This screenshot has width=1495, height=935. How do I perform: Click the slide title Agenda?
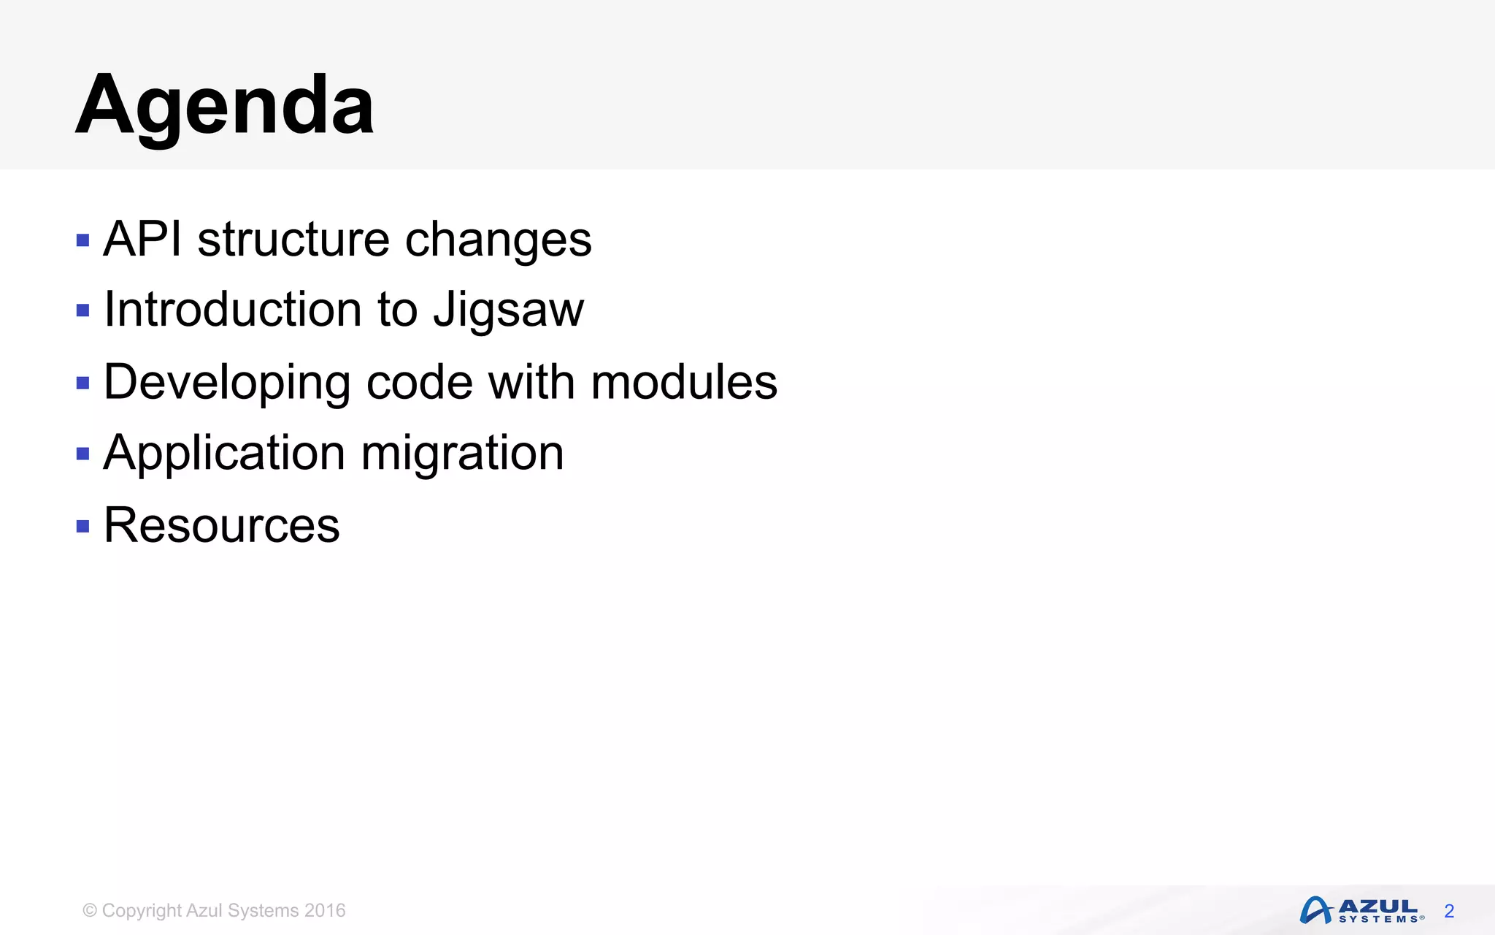[225, 106]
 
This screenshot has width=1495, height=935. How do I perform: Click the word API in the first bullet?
[142, 240]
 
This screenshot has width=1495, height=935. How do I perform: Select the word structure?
[293, 240]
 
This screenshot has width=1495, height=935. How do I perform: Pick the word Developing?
[227, 383]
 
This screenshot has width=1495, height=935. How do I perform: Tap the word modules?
[684, 382]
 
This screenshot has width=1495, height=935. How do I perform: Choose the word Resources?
[222, 525]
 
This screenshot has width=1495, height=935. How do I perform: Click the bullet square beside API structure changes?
[82, 240]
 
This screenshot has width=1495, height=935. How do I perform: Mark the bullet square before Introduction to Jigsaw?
[82, 311]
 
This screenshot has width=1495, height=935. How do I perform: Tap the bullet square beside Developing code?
[82, 383]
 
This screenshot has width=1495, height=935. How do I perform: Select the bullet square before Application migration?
[82, 454]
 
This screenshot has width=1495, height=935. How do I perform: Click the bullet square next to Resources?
[82, 526]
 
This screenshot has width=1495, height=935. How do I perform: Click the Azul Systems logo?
[1361, 910]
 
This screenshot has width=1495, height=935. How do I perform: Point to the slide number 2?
[1449, 911]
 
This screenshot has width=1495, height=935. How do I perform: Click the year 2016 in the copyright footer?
[325, 911]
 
